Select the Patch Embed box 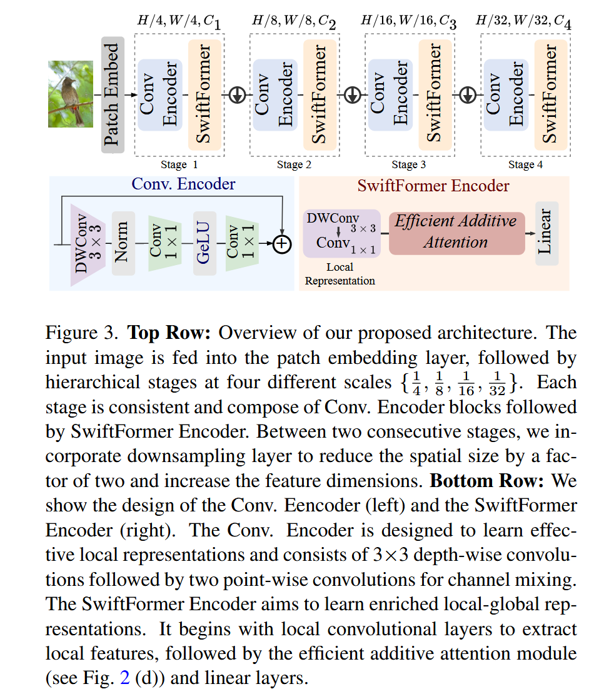pyautogui.click(x=113, y=94)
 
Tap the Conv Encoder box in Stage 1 pyautogui.click(x=160, y=94)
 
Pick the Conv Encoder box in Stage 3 pyautogui.click(x=390, y=94)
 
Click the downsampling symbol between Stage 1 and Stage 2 pyautogui.click(x=238, y=94)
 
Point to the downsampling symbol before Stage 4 pyautogui.click(x=468, y=94)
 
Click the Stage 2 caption pyautogui.click(x=294, y=165)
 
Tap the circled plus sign pyautogui.click(x=283, y=244)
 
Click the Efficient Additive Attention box pyautogui.click(x=456, y=233)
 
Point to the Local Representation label pyautogui.click(x=340, y=274)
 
